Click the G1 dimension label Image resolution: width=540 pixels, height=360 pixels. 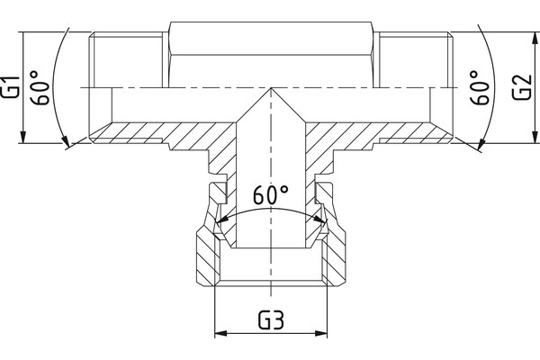click(12, 87)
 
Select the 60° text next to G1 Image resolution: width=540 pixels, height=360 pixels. click(39, 88)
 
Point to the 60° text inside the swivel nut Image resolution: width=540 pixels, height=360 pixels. click(270, 194)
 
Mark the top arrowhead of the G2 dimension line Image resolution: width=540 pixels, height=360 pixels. click(531, 37)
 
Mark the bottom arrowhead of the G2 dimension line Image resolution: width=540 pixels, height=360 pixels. click(531, 139)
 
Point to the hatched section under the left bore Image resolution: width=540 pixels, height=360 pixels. click(162, 135)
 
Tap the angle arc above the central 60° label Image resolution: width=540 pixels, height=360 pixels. click(270, 210)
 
